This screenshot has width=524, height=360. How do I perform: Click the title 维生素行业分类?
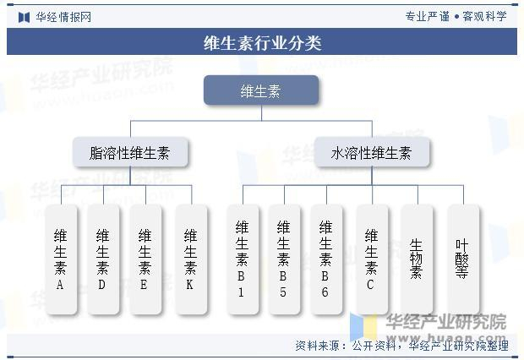point(262,42)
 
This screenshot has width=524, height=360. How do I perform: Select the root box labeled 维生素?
point(261,90)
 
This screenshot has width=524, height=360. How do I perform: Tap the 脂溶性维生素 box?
point(129,153)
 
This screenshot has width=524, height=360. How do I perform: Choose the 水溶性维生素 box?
point(371,153)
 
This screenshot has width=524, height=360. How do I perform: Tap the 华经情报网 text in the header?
point(63,17)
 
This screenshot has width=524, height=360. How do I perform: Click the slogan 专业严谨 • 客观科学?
point(456,16)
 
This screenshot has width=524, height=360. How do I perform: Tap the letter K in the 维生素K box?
point(190,285)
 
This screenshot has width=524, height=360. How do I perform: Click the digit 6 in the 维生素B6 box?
point(326,292)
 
